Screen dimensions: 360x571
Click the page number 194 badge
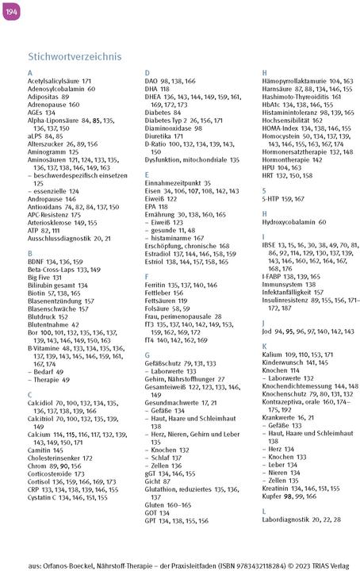click(11, 9)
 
